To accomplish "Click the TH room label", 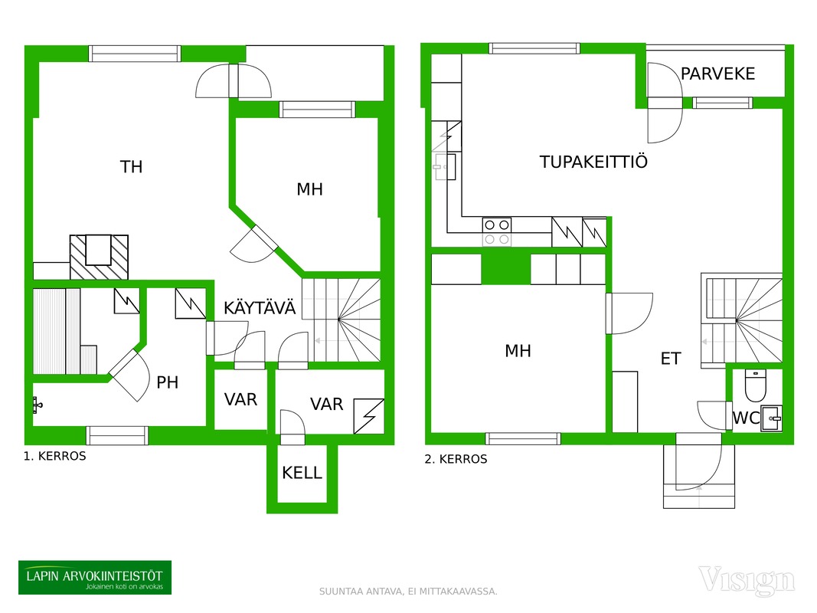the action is click(x=131, y=167).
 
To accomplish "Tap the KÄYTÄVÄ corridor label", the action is click(x=260, y=308).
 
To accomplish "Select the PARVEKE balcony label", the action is click(x=717, y=74).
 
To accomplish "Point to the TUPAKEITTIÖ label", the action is click(x=593, y=162).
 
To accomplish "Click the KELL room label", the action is click(x=302, y=473).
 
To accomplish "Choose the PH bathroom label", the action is click(x=167, y=382).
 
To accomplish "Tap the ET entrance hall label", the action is click(x=671, y=359).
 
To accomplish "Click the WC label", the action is click(x=746, y=418).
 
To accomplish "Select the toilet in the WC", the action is click(x=755, y=385).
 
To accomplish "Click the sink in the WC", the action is click(x=771, y=418).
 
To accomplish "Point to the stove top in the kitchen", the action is click(x=497, y=232).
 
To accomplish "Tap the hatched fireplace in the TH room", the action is click(x=99, y=257).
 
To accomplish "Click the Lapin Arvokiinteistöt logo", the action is click(x=95, y=578).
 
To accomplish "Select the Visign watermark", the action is click(x=747, y=579).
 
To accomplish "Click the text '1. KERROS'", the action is click(x=54, y=456).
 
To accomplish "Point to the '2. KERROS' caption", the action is click(x=456, y=459).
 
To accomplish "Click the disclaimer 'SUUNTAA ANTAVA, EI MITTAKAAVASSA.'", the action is click(x=408, y=592).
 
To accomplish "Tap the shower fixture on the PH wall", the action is click(x=37, y=405).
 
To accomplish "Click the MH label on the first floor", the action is click(x=309, y=189).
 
